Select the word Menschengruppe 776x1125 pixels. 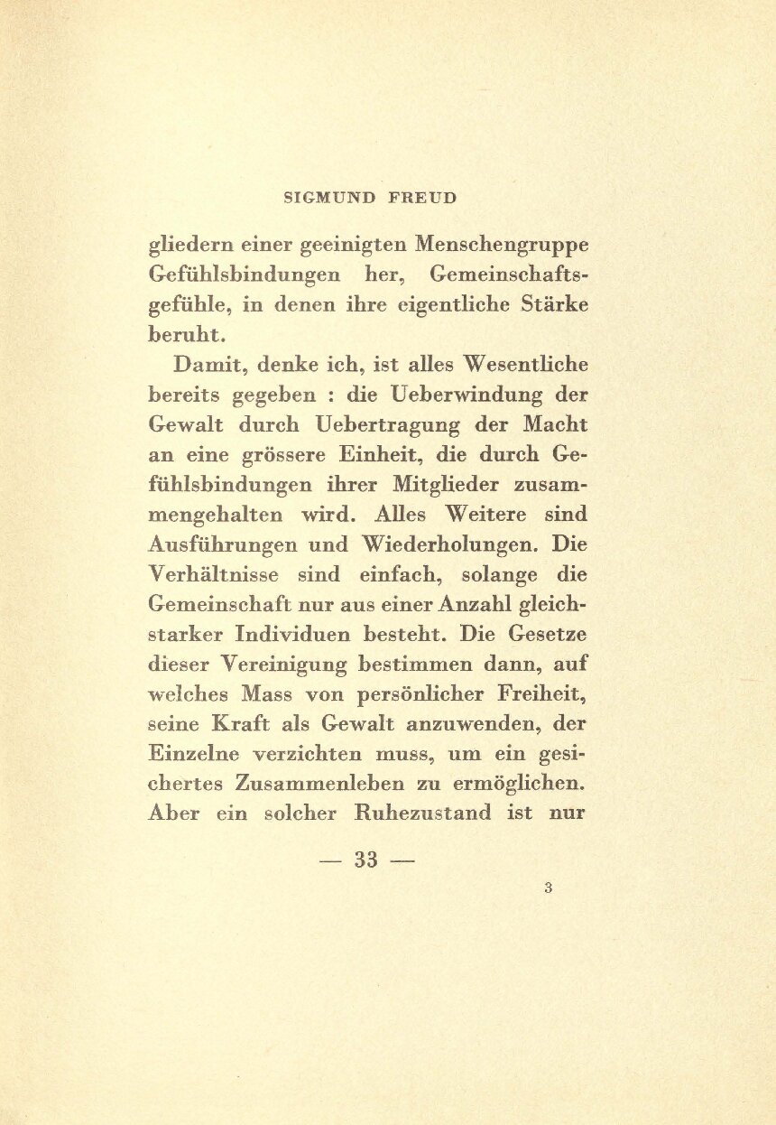tap(501, 245)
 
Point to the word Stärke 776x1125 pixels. tap(554, 304)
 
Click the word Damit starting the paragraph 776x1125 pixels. tap(203, 365)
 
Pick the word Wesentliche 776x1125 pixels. tap(526, 365)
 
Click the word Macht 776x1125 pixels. tap(553, 424)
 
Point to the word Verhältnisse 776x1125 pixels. tap(213, 574)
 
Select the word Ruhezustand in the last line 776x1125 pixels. tap(411, 813)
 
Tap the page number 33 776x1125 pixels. tap(365, 859)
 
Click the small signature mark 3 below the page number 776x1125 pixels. tap(548, 888)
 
